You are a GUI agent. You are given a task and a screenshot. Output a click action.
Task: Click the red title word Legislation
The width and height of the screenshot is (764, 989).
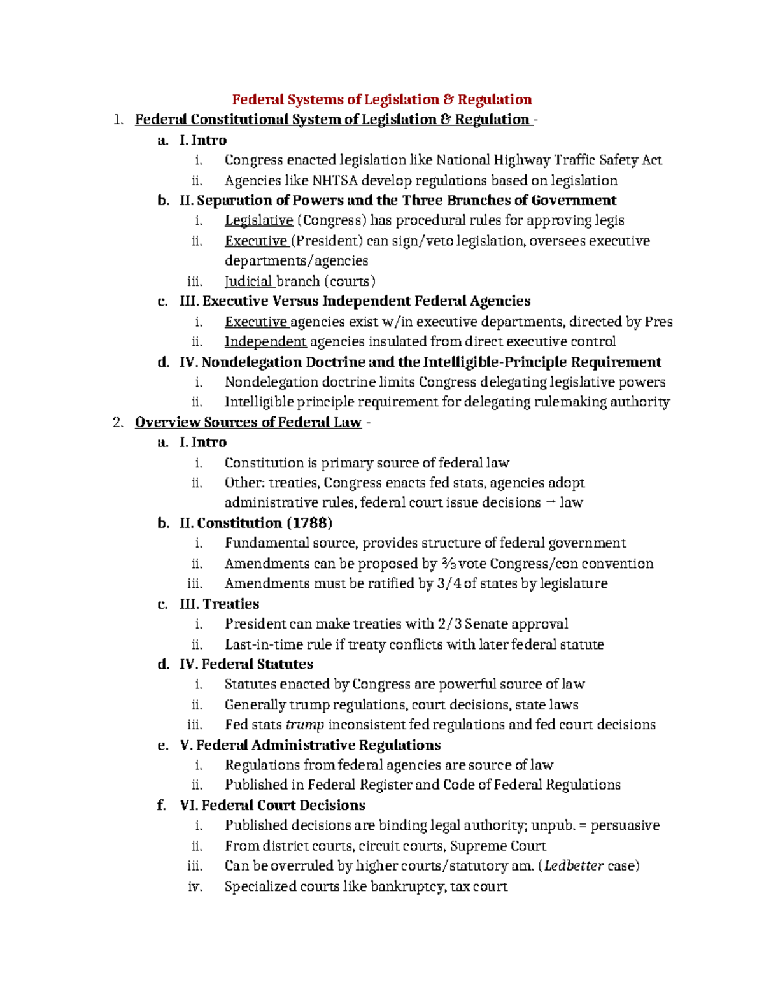pyautogui.click(x=401, y=99)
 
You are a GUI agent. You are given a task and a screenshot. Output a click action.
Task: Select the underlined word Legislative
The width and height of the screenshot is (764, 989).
pyautogui.click(x=258, y=220)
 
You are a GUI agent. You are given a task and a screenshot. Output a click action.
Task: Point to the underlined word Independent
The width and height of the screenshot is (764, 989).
pyautogui.click(x=265, y=341)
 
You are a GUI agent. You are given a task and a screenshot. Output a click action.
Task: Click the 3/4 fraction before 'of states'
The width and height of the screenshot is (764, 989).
pyautogui.click(x=449, y=583)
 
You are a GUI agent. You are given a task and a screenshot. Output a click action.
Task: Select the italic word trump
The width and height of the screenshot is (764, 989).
pyautogui.click(x=305, y=725)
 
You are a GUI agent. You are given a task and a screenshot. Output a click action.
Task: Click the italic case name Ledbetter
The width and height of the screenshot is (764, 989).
pyautogui.click(x=574, y=865)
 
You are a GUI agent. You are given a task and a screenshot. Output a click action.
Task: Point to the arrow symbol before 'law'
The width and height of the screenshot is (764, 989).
pyautogui.click(x=551, y=502)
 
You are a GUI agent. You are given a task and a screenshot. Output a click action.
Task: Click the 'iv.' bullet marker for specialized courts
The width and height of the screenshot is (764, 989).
pyautogui.click(x=195, y=886)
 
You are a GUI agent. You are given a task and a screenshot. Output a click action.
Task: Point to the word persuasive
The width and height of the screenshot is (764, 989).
pyautogui.click(x=625, y=825)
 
